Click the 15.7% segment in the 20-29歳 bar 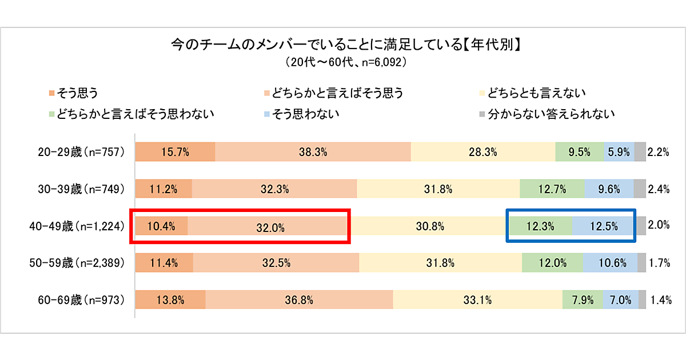(x=175, y=153)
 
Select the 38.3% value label (x=313, y=153)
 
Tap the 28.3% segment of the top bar (x=483, y=153)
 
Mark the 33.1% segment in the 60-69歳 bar (x=478, y=299)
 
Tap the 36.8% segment (x=299, y=299)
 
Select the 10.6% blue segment (x=609, y=263)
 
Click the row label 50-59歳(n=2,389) (x=77, y=263)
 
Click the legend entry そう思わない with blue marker (x=302, y=114)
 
